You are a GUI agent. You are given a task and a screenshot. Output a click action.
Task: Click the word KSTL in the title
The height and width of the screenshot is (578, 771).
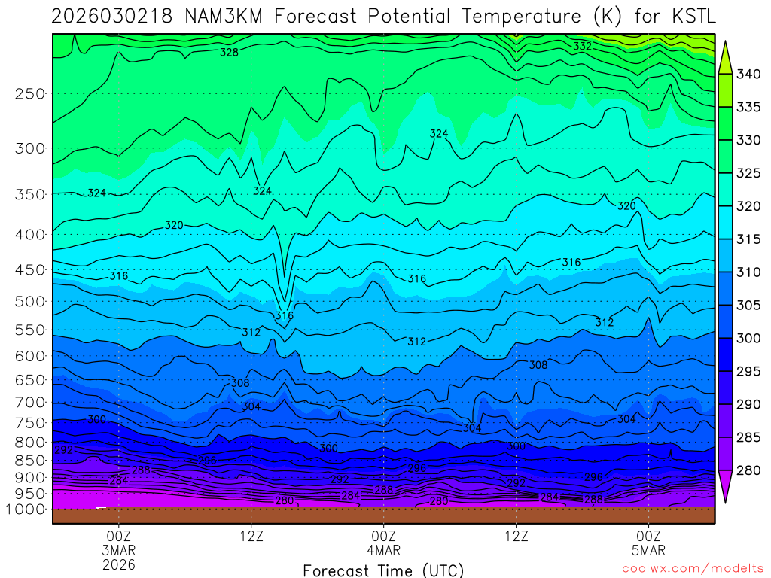[x=688, y=17]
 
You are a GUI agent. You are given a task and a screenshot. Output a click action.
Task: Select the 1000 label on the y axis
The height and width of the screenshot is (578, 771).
[x=26, y=509]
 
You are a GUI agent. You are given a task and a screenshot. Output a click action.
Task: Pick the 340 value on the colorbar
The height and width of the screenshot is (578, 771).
[x=748, y=74]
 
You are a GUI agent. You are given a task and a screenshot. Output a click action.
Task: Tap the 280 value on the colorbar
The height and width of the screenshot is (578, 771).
[x=748, y=471]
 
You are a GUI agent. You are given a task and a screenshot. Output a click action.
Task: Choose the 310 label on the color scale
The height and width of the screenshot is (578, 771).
[x=748, y=272]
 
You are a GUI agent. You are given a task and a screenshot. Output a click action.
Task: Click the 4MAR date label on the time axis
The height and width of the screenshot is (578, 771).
[x=383, y=549]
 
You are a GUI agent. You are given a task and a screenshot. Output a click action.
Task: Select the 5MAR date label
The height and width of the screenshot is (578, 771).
[x=649, y=549]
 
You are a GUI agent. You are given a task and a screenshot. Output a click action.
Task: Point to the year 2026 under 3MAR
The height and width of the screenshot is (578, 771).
[x=118, y=564]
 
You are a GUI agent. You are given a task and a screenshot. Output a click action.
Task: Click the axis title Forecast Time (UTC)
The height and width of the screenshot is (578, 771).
[x=383, y=570]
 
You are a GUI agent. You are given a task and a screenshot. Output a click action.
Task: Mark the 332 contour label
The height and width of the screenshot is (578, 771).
[x=582, y=46]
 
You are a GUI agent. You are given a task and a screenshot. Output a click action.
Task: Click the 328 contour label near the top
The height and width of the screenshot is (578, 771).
[x=229, y=52]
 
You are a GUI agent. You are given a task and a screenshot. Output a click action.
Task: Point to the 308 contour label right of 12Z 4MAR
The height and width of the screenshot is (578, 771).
[x=538, y=365]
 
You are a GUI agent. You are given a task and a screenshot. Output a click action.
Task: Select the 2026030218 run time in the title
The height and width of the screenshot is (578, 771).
[x=101, y=17]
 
